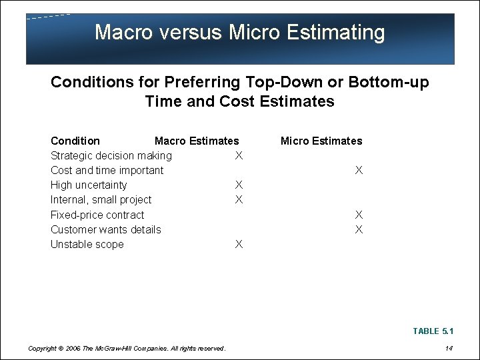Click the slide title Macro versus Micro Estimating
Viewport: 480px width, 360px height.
(239, 33)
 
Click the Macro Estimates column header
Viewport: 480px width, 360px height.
(196, 141)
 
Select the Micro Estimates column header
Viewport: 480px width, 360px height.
(321, 141)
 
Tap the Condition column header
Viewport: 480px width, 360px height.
(75, 141)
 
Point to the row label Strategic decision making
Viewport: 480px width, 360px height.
(111, 155)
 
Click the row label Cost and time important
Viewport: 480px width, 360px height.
(107, 170)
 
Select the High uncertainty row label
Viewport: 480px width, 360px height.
(89, 185)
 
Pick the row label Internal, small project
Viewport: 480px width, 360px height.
(101, 199)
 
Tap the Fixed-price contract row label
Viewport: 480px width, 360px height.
(97, 215)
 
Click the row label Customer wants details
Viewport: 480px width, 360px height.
(105, 229)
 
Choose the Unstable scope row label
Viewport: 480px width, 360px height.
(87, 244)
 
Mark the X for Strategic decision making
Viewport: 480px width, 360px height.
(239, 155)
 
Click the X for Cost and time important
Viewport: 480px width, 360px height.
(359, 170)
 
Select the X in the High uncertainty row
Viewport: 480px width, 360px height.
(239, 185)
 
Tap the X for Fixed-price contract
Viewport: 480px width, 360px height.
(359, 215)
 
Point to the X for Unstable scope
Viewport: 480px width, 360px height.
(239, 244)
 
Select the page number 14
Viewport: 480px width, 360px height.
(448, 348)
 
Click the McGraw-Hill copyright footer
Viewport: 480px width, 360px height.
(127, 348)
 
